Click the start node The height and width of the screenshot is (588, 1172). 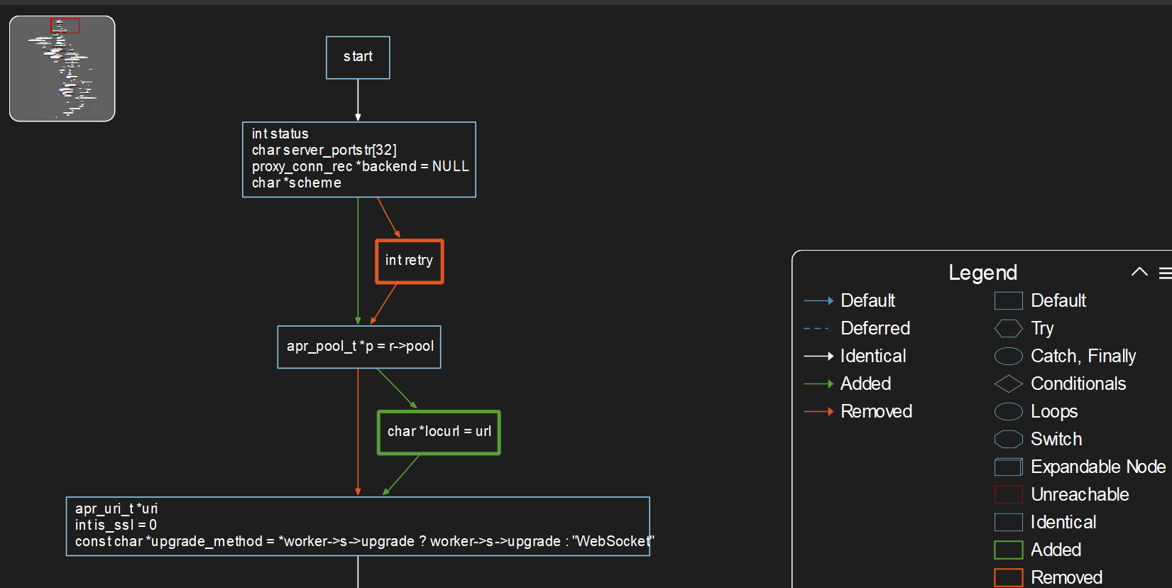[358, 58]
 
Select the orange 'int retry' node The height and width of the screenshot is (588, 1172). [410, 261]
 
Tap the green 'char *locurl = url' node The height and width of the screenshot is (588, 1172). [439, 432]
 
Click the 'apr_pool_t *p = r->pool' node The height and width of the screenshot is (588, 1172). [359, 347]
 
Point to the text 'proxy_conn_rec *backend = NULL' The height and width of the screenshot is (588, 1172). [360, 166]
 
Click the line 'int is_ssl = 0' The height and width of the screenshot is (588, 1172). [116, 525]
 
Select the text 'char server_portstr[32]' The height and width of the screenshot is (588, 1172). [324, 150]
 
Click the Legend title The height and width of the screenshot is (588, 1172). [982, 273]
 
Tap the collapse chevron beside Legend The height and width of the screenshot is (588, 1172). [1139, 272]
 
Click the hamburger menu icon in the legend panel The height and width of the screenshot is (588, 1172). [1165, 273]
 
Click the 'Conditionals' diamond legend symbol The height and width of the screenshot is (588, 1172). [1008, 383]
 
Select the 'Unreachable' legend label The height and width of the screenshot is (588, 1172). [1079, 494]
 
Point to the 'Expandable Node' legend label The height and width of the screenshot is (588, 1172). [1097, 467]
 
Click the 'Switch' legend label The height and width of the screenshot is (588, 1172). [1056, 439]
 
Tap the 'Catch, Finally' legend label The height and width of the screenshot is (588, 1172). [1083, 356]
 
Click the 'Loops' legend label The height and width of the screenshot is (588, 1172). [1053, 411]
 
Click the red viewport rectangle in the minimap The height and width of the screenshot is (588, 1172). [65, 26]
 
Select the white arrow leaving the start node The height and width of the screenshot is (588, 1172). [358, 99]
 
